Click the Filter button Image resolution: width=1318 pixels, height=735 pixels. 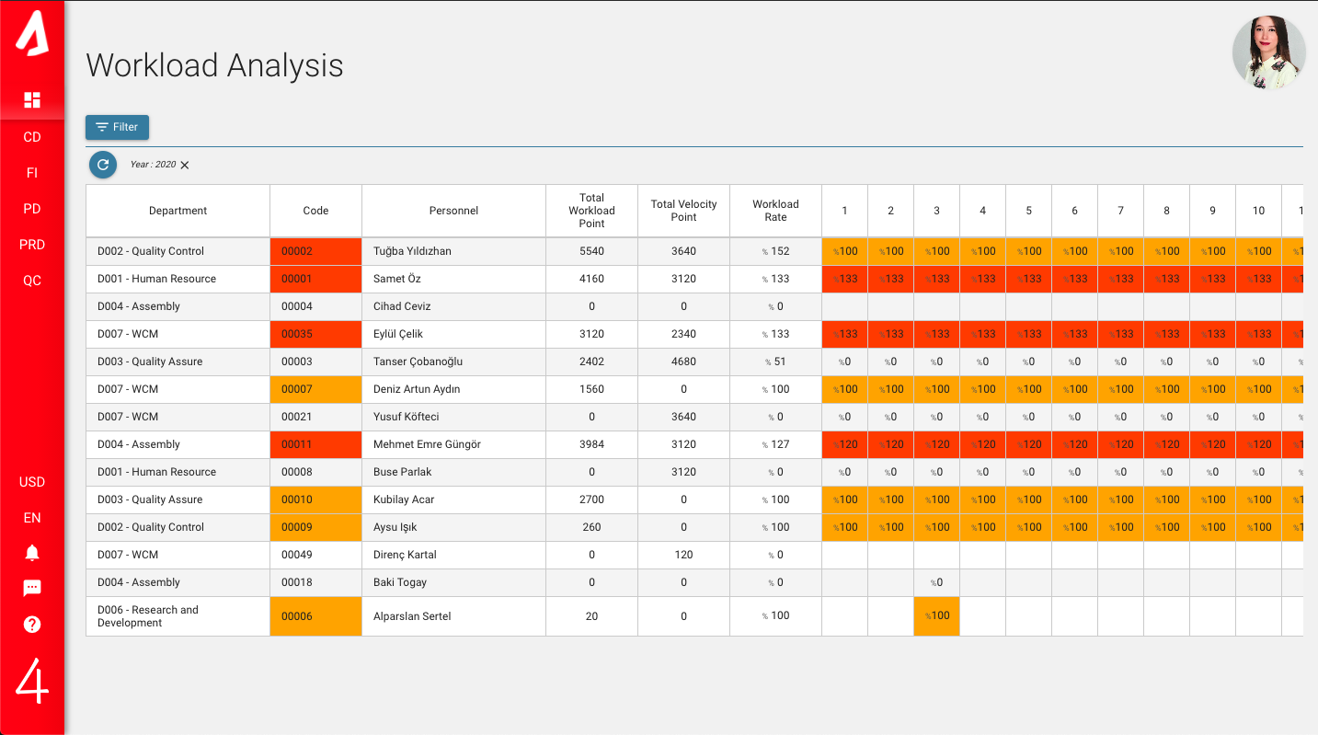[x=117, y=127]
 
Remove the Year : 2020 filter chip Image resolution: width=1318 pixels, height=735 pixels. [x=185, y=165]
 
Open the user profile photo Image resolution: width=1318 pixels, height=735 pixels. [x=1268, y=52]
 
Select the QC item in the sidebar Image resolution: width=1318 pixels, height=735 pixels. [x=32, y=281]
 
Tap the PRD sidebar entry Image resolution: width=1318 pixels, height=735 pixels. [x=32, y=245]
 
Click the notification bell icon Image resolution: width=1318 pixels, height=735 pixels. [x=32, y=553]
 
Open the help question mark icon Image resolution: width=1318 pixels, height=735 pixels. [x=32, y=625]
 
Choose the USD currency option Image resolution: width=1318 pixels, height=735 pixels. [x=32, y=482]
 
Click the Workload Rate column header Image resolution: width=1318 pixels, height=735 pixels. [x=775, y=211]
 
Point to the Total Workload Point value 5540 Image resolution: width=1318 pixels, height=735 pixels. [x=591, y=251]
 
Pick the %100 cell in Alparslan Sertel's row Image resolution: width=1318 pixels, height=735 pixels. [x=936, y=616]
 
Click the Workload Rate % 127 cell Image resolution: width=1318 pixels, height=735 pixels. [x=775, y=444]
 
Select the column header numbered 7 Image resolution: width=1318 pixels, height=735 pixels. [x=1120, y=211]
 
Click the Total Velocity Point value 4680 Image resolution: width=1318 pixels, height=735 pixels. [x=683, y=362]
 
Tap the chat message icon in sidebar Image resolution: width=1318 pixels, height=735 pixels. [x=32, y=589]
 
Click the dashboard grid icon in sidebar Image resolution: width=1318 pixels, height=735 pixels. [x=32, y=99]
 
